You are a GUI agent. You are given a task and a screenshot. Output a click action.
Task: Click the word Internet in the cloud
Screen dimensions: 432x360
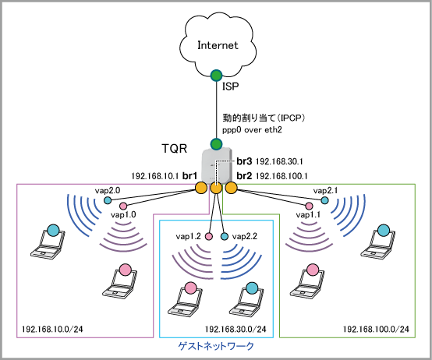tap(218, 45)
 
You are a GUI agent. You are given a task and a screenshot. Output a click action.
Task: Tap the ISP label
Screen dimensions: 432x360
tap(230, 86)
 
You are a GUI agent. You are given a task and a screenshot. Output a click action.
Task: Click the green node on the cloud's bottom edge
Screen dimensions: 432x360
tap(216, 75)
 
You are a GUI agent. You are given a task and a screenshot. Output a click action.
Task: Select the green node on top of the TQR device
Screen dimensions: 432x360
tap(216, 143)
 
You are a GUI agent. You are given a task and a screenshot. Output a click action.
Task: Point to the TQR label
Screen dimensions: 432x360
tap(174, 149)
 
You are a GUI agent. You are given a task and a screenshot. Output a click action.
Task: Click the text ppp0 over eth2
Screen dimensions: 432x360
tap(252, 129)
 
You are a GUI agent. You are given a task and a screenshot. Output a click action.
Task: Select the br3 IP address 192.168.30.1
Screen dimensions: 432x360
tap(279, 161)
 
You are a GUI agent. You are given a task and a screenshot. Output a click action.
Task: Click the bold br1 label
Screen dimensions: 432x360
tap(189, 175)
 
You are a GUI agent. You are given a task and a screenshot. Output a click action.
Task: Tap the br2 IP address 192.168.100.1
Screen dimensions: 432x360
tap(282, 175)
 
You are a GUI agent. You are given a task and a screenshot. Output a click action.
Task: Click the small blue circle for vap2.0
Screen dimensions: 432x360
tap(108, 200)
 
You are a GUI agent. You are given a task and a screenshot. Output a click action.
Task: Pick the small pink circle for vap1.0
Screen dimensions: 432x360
tap(123, 206)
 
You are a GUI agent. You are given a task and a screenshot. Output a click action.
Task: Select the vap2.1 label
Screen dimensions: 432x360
tap(325, 190)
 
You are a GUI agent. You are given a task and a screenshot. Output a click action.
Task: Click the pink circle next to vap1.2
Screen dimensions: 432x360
tap(209, 236)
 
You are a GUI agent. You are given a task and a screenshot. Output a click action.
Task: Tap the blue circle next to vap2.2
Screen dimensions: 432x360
tap(225, 236)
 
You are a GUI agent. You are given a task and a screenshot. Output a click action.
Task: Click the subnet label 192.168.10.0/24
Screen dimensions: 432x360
tap(52, 329)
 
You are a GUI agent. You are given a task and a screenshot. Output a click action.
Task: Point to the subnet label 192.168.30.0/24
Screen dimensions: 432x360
tap(235, 329)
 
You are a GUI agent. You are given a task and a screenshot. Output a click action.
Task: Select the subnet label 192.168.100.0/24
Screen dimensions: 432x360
tap(376, 329)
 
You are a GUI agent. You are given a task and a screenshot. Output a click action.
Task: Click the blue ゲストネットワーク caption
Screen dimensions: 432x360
tap(216, 346)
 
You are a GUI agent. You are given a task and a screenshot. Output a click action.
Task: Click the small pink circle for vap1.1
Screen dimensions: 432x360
tap(309, 206)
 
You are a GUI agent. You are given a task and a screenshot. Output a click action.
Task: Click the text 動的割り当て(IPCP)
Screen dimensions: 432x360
tap(264, 118)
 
